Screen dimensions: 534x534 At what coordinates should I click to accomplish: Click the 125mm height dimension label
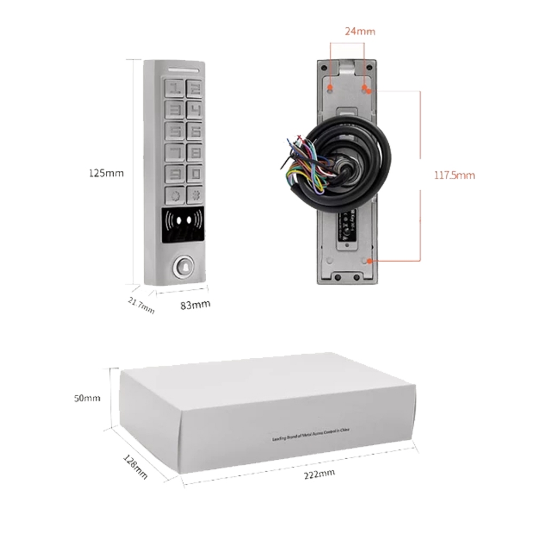click(x=106, y=173)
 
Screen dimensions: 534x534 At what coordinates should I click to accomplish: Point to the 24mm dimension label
click(x=360, y=32)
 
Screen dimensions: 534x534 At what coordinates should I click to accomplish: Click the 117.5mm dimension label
click(x=453, y=175)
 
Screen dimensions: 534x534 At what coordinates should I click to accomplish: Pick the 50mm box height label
click(x=88, y=398)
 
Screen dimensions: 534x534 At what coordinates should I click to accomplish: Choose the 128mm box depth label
click(x=135, y=466)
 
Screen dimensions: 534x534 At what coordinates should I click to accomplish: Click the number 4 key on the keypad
click(x=194, y=109)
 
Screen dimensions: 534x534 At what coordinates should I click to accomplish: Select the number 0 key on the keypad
click(x=194, y=174)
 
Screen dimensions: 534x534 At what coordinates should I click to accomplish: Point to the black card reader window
click(x=183, y=221)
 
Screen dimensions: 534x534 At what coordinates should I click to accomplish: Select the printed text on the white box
click(x=310, y=436)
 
